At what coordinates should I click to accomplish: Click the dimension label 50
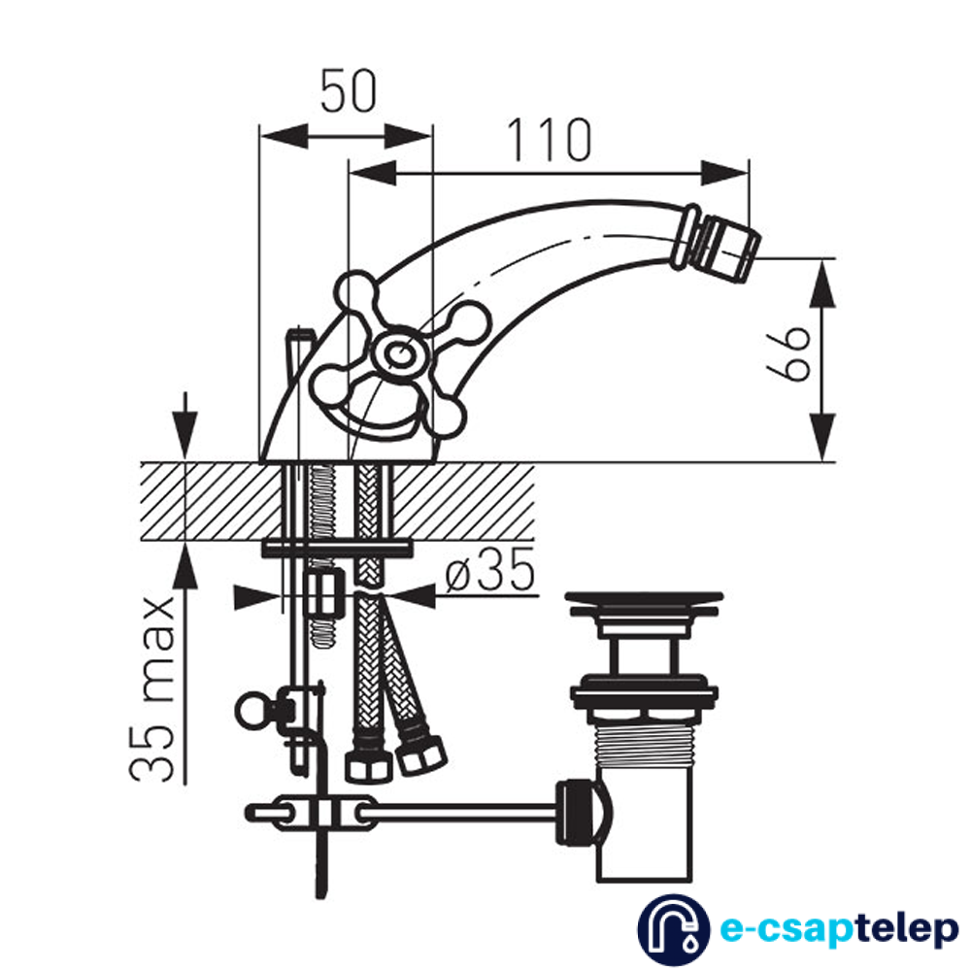click(348, 91)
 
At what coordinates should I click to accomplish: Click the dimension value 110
click(550, 139)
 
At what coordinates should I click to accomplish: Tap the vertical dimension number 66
click(788, 351)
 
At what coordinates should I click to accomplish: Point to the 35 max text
click(152, 688)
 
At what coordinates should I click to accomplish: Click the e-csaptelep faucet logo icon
click(674, 929)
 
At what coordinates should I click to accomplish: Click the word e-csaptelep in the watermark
click(839, 929)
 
